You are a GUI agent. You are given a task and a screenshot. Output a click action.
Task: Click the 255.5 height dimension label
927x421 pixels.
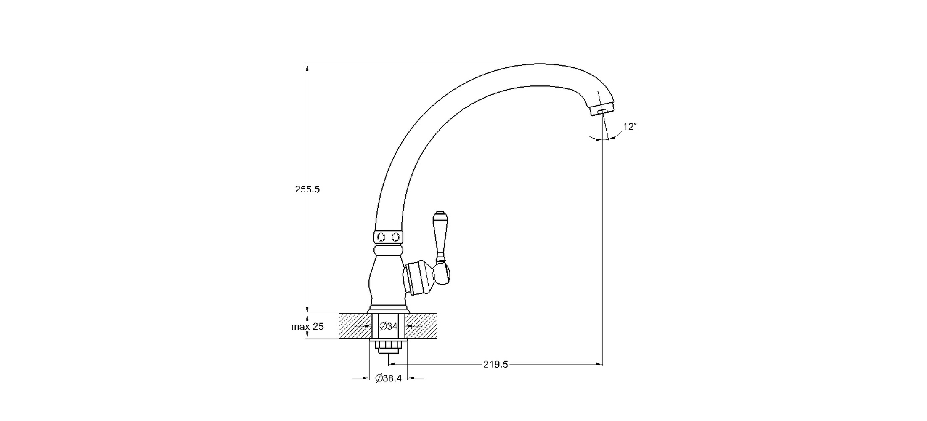point(307,189)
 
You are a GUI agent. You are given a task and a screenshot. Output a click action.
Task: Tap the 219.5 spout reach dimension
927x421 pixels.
point(495,365)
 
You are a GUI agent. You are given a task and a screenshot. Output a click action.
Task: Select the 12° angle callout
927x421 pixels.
point(630,127)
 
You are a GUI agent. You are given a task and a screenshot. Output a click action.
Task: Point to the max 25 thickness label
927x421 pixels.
point(307,327)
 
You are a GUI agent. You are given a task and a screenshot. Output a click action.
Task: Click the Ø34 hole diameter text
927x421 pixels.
point(389,326)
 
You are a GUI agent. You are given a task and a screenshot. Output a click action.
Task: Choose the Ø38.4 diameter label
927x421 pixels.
point(389,378)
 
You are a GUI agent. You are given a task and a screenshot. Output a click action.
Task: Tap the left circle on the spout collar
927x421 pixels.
point(381,237)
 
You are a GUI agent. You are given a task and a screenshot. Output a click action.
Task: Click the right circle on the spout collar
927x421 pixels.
point(395,237)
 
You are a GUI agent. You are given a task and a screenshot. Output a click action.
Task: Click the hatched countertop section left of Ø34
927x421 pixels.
point(355,326)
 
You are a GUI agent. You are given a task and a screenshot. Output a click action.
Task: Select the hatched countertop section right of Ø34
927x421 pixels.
point(421,326)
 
